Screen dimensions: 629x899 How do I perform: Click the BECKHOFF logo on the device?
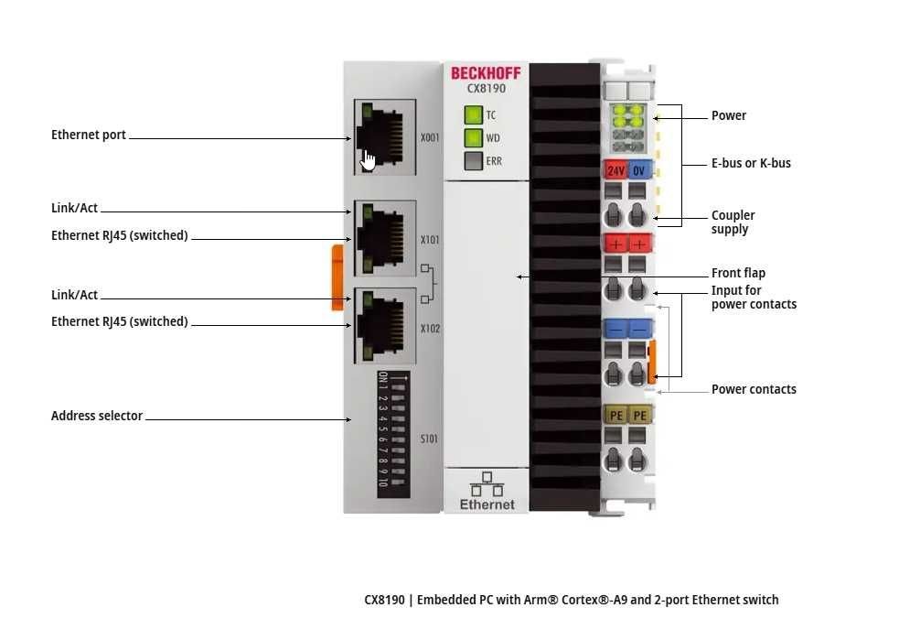486,73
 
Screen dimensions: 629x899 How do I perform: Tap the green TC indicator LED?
473,115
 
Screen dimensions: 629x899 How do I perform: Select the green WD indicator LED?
473,138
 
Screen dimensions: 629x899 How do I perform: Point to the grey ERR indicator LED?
473,161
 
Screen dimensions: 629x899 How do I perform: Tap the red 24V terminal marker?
615,170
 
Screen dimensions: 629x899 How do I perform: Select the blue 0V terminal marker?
639,170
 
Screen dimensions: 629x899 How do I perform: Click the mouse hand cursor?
368,160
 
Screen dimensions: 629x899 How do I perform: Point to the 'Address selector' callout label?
97,416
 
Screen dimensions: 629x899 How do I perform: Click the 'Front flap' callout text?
738,273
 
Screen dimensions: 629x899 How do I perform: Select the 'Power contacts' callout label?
754,389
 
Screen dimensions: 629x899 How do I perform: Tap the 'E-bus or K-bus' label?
751,163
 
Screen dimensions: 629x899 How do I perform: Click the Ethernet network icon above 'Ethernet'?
487,483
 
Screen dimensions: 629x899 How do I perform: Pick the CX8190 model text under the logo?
486,89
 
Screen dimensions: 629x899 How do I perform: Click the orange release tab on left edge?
337,277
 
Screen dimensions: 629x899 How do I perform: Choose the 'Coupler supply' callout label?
733,222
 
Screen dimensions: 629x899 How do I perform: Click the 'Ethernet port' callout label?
89,135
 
